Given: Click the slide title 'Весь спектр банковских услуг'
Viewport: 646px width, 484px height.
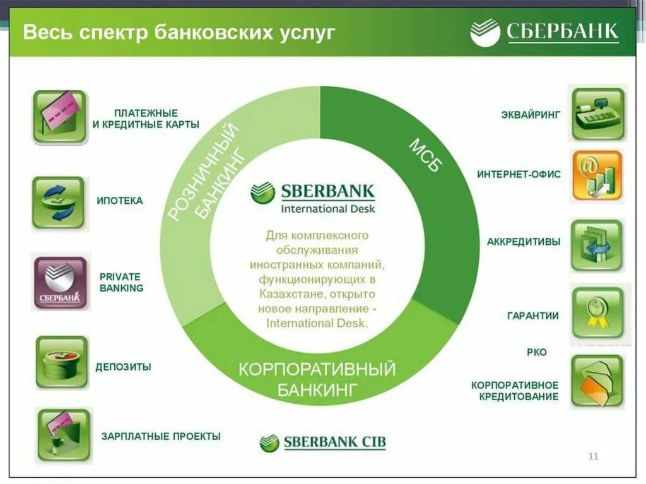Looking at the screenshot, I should click(x=179, y=32).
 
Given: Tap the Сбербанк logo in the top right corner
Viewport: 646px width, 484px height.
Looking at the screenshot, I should click(x=544, y=32).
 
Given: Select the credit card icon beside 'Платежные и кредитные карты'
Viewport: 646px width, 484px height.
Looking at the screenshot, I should click(x=59, y=117).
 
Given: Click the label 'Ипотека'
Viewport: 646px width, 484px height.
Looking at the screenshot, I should click(x=119, y=201).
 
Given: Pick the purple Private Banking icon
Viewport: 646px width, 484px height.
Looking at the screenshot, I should click(x=59, y=283).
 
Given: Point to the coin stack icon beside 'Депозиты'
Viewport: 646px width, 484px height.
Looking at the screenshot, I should click(x=61, y=362).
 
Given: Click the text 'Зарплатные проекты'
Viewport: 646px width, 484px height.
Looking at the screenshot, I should click(x=161, y=436).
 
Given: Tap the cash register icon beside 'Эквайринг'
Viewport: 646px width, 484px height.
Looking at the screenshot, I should click(x=597, y=114).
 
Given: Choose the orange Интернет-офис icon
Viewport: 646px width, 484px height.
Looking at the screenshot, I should click(x=596, y=175).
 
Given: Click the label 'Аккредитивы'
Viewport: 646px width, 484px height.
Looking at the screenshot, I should click(x=523, y=242).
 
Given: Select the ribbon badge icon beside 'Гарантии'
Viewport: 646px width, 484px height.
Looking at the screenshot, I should click(x=597, y=312).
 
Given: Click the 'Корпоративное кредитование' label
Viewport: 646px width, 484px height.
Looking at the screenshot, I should click(x=515, y=391).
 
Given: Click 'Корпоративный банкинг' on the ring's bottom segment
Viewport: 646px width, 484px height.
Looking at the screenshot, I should click(x=317, y=378).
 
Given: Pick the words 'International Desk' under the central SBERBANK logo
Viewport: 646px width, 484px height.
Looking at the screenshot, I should click(x=327, y=208).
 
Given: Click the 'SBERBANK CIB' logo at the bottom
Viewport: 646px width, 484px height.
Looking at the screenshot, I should click(x=322, y=442).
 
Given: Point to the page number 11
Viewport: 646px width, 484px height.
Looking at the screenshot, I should click(x=592, y=456).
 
